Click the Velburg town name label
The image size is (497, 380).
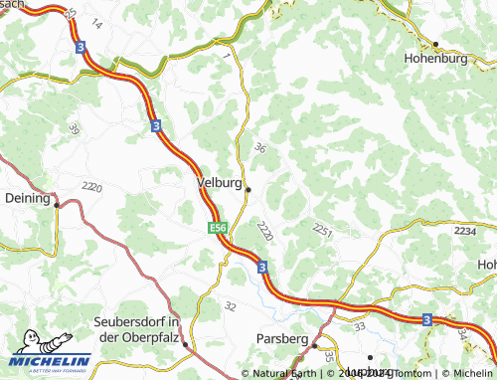pos(219,183)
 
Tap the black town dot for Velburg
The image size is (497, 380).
pos(248,189)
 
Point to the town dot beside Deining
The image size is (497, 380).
pos(57,205)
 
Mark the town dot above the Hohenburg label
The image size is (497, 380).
pos(435,44)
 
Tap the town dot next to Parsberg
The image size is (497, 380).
pos(315,345)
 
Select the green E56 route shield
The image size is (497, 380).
pos(219,228)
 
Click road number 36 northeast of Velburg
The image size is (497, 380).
pos(260,147)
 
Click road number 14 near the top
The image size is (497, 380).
pos(95,22)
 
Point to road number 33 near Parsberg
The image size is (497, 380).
pos(359,324)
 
